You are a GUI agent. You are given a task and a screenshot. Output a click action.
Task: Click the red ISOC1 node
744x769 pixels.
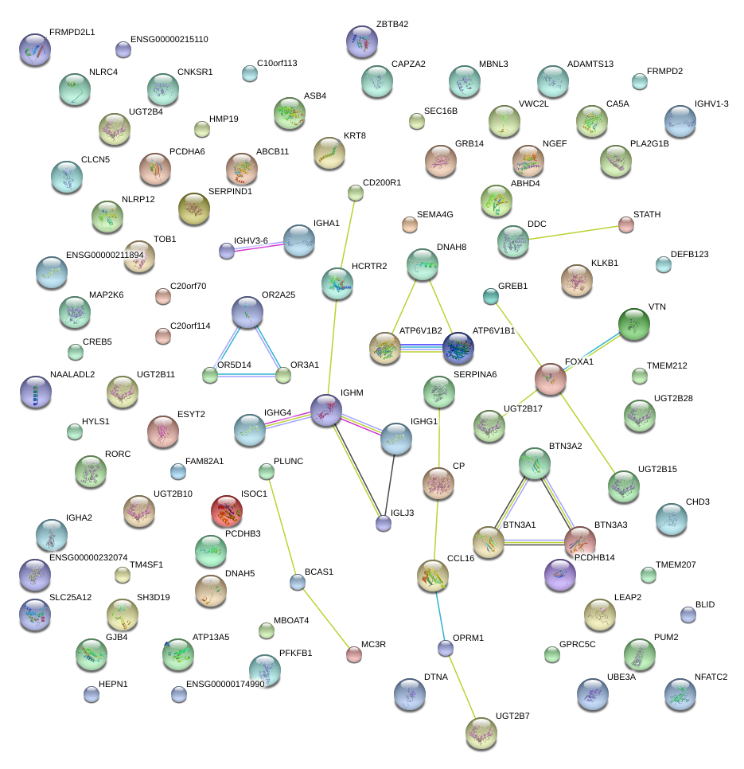coord(227,511)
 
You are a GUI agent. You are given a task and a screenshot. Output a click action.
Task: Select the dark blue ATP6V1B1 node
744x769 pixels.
coord(458,348)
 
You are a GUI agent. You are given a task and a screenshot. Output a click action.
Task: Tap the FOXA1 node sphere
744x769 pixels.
coord(551,379)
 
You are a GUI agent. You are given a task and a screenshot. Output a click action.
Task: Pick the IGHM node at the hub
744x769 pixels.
coord(326,410)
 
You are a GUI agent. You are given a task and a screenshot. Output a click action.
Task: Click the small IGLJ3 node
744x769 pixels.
coord(384,523)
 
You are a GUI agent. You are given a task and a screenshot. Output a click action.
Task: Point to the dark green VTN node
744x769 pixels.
coord(633,324)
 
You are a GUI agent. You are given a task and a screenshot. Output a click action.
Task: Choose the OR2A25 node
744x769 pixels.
coord(247,312)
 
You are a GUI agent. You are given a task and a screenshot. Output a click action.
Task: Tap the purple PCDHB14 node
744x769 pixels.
coord(560,575)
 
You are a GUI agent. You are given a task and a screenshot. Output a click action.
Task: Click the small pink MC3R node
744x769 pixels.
coord(354,654)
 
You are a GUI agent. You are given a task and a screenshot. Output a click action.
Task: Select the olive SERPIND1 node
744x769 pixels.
coord(194,209)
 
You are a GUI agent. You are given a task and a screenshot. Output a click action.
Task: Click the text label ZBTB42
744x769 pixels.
coord(392,24)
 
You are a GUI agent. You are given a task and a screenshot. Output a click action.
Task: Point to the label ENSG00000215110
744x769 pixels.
coord(169,39)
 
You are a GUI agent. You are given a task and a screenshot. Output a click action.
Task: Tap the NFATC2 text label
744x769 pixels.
coord(711,677)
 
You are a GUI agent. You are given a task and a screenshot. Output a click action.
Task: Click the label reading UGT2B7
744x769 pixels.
coord(512,716)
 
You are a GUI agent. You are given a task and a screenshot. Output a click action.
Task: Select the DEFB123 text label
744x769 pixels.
coord(690,254)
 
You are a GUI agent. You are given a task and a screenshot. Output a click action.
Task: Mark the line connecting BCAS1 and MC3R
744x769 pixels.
coord(325,618)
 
